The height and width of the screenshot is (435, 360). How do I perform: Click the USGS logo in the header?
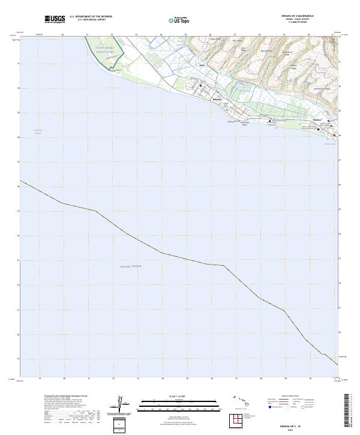point(55,19)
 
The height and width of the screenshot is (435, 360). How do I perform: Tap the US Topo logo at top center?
point(173,20)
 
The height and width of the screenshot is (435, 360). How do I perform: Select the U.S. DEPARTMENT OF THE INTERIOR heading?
point(91,17)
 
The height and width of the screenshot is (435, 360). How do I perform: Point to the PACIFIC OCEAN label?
point(129,266)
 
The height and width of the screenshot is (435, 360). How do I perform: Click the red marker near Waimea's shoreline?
point(334,135)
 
